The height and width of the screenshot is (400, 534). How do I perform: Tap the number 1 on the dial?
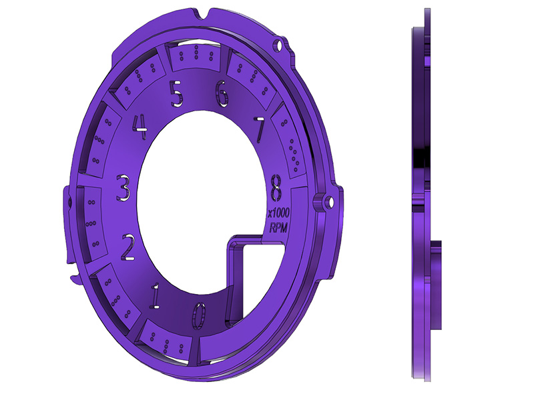tap(155, 295)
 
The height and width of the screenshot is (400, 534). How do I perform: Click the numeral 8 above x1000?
tap(276, 188)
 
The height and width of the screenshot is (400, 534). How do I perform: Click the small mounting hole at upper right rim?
tap(280, 45)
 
